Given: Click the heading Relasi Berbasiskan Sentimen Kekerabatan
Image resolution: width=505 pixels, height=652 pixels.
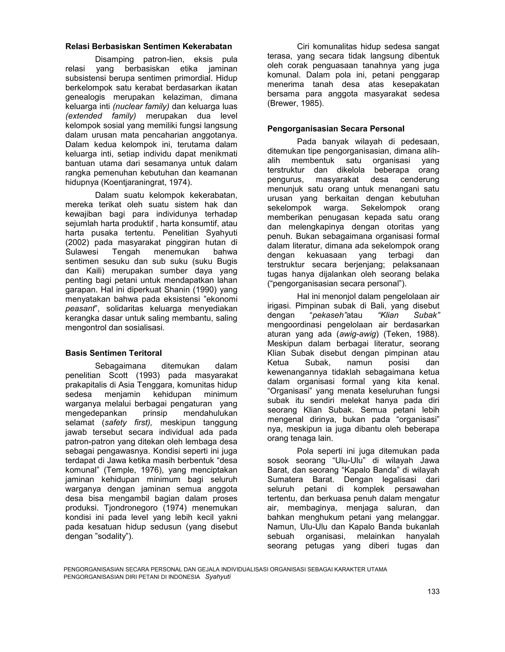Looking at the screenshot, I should click(148, 47).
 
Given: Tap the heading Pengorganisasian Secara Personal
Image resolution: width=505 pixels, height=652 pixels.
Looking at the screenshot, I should click(336, 129).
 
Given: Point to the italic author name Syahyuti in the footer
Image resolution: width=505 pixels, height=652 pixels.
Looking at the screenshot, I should click(218, 577).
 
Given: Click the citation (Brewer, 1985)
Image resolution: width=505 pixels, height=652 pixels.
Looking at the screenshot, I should click(295, 104).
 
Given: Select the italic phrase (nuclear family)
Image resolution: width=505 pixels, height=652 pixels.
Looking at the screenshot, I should click(141, 106).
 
